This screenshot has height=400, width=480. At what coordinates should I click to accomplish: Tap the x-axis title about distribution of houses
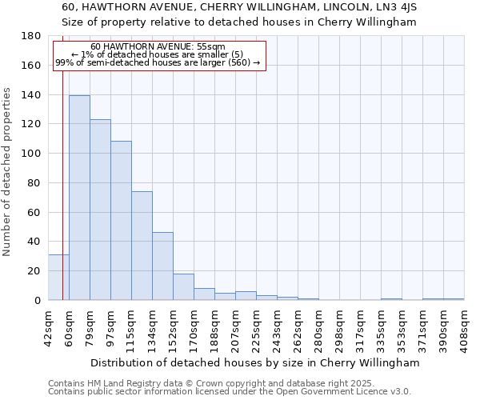[255, 362]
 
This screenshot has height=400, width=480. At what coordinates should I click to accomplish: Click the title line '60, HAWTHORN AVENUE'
[238, 7]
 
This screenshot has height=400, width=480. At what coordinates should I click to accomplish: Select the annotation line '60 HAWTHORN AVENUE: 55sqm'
[158, 47]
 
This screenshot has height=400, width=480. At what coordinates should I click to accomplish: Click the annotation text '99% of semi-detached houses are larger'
[158, 62]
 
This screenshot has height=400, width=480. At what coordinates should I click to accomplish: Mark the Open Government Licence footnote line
[230, 391]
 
